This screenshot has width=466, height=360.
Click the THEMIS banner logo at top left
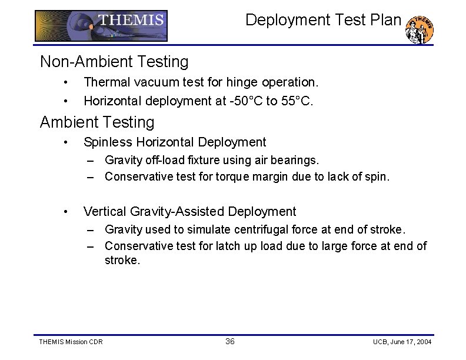point(101,26)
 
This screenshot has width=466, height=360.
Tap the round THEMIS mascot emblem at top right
point(420,29)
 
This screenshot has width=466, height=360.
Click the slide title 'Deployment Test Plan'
point(323,20)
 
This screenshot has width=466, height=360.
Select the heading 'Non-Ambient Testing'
point(114,61)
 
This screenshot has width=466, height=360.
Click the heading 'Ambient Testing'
point(97,122)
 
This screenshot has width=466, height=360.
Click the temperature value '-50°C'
point(245,101)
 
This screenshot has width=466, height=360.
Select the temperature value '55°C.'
point(297,101)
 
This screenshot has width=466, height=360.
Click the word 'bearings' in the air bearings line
point(297,160)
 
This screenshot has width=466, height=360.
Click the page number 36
point(229,342)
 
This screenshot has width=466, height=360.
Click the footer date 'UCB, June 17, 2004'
point(402,342)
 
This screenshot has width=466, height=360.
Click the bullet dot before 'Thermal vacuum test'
point(68,82)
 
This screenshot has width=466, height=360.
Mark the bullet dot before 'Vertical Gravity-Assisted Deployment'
point(68,212)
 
